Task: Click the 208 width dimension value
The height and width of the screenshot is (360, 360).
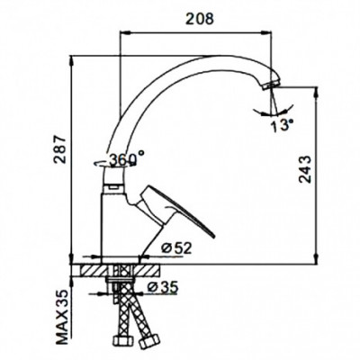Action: pos(200,19)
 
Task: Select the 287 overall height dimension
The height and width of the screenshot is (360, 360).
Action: pos(59,149)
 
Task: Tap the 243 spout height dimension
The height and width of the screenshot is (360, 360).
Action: pos(306,169)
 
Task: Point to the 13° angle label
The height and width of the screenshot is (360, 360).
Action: pos(283,124)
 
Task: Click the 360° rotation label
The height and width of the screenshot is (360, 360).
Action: pos(127,158)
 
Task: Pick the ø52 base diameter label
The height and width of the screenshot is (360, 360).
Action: pos(175,247)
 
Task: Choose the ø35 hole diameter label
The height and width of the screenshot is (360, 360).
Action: pos(163,287)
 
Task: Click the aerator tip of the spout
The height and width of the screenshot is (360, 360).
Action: pos(271,85)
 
